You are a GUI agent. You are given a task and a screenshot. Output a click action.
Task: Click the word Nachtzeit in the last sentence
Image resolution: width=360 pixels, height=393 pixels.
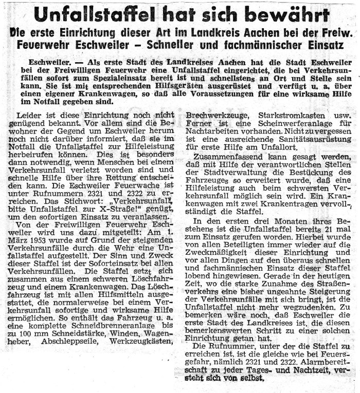305,370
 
